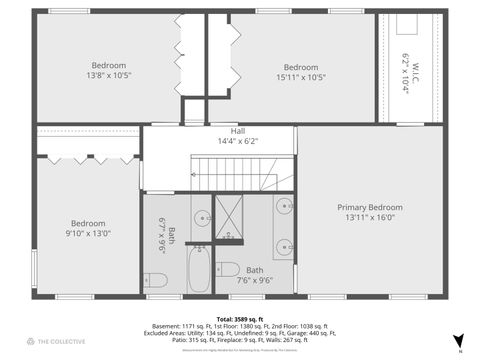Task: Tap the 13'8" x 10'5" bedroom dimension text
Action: [x=109, y=75]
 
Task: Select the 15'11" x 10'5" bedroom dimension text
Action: [x=300, y=77]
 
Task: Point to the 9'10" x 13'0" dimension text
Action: [x=88, y=233]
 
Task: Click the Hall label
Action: [x=238, y=131]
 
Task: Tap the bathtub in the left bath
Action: [x=198, y=270]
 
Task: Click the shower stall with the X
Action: [x=228, y=218]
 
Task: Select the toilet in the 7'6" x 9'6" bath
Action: [x=227, y=270]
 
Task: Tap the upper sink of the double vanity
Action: [x=284, y=210]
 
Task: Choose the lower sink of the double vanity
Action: [x=284, y=246]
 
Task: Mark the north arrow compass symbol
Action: [x=458, y=341]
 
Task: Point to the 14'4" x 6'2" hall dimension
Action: [x=238, y=141]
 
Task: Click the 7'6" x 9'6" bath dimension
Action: [x=255, y=281]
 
